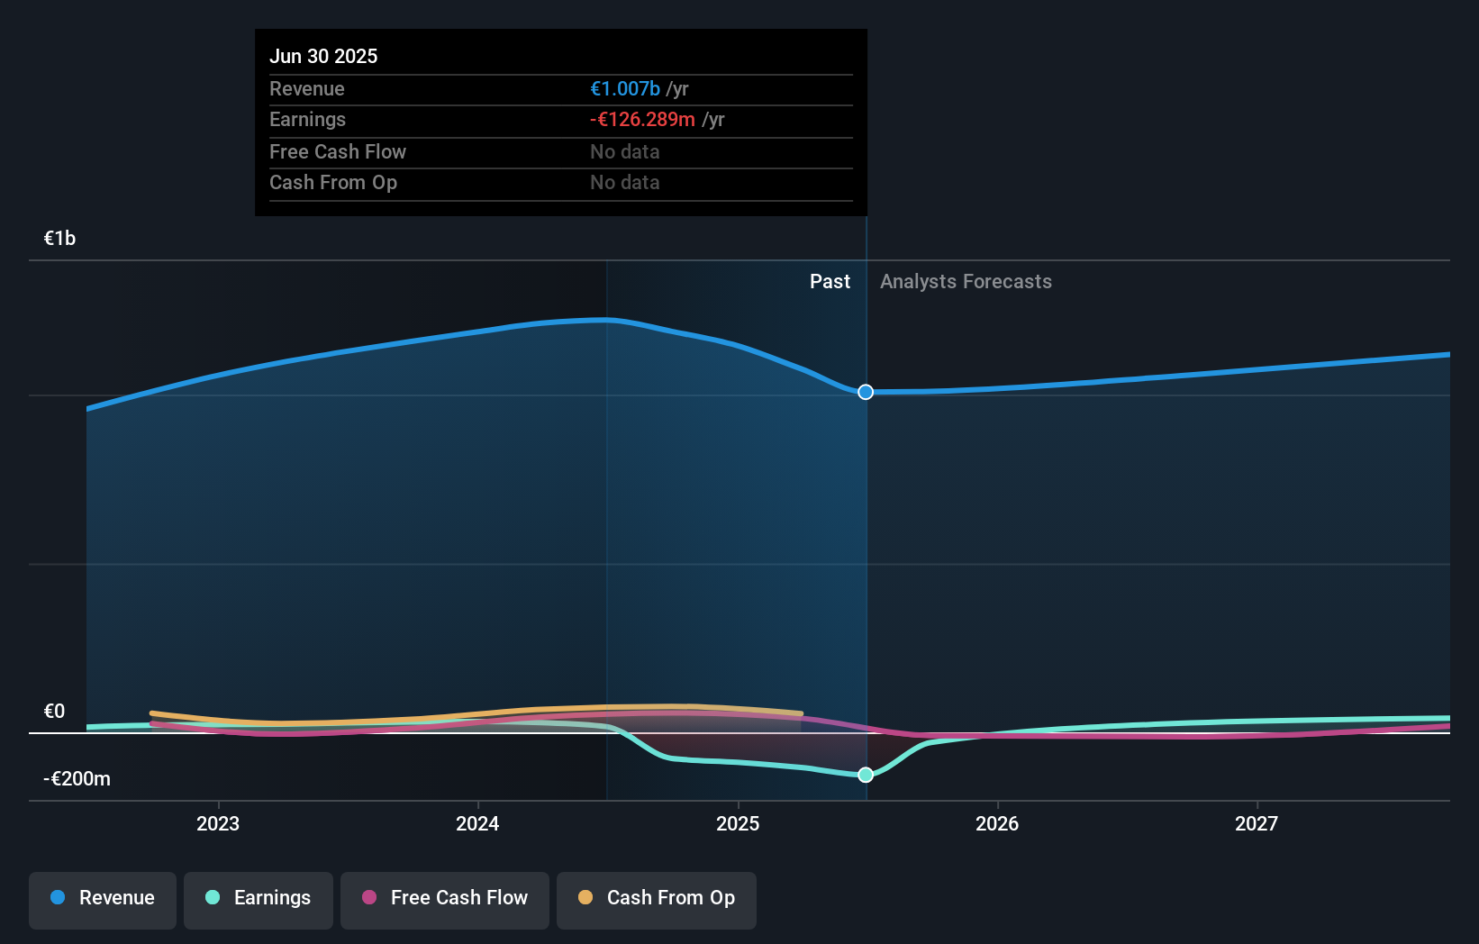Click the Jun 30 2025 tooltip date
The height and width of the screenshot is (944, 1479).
[323, 56]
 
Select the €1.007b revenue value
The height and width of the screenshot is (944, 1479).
[625, 88]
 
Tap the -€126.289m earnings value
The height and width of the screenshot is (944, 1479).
[642, 119]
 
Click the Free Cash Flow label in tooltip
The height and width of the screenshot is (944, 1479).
[338, 151]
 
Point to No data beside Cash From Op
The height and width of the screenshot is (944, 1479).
[624, 182]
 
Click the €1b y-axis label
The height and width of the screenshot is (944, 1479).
[59, 238]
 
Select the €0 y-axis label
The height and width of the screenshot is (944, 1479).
[54, 711]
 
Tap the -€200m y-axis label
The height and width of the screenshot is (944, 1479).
[77, 778]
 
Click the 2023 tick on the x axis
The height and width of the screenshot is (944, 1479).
[218, 823]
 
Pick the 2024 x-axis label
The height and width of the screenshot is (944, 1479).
[477, 823]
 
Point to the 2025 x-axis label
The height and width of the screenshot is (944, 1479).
[738, 823]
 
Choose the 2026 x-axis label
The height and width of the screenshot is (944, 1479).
[997, 823]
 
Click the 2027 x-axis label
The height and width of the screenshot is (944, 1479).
[1257, 823]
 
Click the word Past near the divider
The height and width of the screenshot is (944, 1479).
[830, 281]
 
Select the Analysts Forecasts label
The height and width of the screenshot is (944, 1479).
[966, 281]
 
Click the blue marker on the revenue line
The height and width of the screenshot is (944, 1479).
[866, 392]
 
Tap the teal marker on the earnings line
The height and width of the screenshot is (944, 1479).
[866, 775]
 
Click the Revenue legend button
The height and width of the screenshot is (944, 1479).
[103, 898]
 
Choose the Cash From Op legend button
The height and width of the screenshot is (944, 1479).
[657, 898]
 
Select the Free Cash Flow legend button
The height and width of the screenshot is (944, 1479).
[445, 898]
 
